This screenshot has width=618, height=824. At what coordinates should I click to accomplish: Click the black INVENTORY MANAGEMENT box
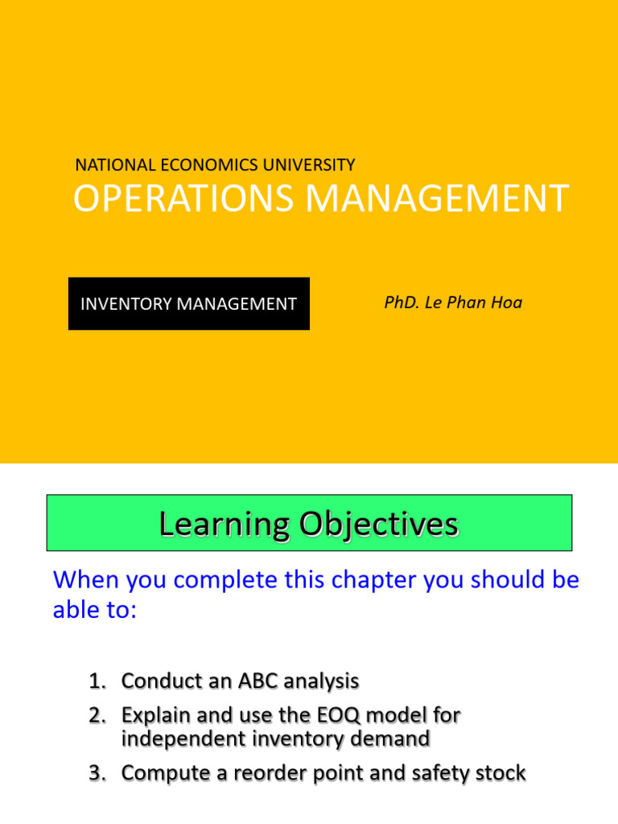(188, 303)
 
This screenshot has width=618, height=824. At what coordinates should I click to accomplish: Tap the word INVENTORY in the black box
(126, 304)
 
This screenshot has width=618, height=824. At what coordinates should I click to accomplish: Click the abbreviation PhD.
(402, 303)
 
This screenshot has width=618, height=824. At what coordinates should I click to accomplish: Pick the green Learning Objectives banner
(309, 523)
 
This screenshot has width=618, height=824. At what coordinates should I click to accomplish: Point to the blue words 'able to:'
(95, 610)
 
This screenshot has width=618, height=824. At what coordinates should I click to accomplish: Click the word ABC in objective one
(257, 682)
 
